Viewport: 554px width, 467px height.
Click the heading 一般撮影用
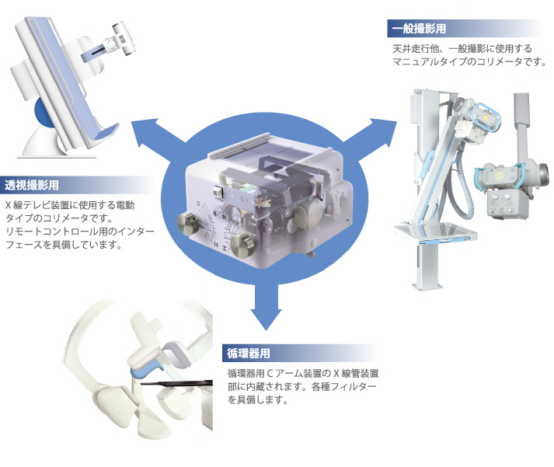419,28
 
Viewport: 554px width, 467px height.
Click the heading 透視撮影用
31,185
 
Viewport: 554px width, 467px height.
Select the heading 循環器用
249,354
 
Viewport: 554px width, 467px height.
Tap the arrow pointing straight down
266,307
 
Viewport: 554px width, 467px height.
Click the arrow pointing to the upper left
155,134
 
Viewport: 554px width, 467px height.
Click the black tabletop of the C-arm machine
176,384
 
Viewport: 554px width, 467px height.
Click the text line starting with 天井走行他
462,48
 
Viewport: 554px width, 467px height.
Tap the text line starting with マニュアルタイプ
469,62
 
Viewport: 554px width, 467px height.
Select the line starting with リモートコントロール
80,232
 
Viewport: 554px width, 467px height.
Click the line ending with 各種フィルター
301,386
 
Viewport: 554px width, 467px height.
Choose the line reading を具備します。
257,400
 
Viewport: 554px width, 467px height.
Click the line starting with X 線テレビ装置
70,205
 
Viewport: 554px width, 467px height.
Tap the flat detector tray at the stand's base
435,232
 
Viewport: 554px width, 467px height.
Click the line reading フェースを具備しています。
64,245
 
